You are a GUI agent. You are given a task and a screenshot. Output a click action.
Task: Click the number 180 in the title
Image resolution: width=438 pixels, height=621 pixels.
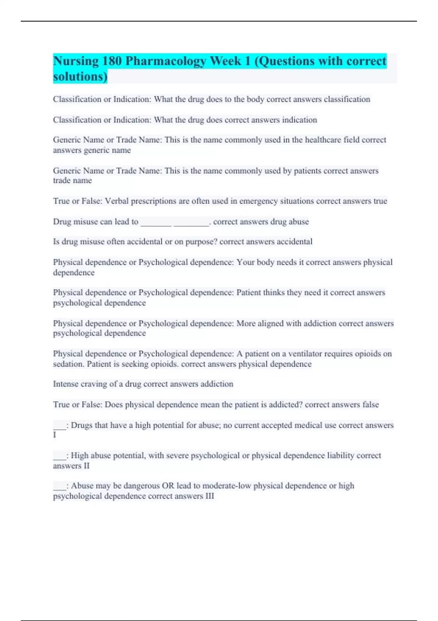[112, 61]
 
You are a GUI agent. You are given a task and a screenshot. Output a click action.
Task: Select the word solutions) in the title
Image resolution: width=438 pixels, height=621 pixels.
[80, 77]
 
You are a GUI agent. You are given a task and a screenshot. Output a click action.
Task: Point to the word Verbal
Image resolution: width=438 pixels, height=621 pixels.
[117, 201]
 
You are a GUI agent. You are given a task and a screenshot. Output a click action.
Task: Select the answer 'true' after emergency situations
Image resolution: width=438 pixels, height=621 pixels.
[380, 201]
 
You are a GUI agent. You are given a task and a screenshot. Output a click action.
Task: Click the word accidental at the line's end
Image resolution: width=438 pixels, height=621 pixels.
[294, 241]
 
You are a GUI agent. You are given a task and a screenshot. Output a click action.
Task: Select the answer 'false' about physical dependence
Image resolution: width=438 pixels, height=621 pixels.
[370, 404]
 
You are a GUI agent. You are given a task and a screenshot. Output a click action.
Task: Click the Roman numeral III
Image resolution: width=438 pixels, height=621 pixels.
[210, 496]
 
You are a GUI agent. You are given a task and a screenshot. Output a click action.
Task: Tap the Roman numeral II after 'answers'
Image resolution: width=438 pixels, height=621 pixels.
[86, 466]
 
